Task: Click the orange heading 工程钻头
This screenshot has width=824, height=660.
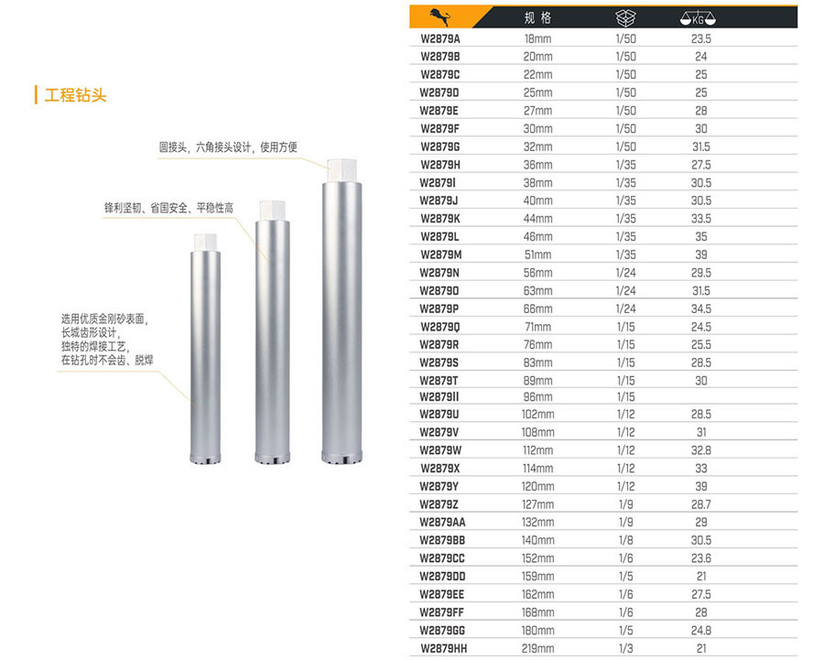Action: [x=75, y=95]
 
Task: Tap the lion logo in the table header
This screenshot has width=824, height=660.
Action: [x=439, y=17]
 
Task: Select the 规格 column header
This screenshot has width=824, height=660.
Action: [x=537, y=18]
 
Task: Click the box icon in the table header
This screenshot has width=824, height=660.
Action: [x=625, y=18]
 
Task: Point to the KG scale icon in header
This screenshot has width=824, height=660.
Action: [x=698, y=18]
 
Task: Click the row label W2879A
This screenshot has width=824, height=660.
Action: [x=439, y=38]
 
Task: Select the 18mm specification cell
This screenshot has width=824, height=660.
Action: [x=537, y=38]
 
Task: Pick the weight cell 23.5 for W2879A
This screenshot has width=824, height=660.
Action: [x=701, y=38]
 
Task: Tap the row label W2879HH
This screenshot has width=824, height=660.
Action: [x=443, y=648]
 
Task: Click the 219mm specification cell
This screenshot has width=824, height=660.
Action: [x=537, y=648]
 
